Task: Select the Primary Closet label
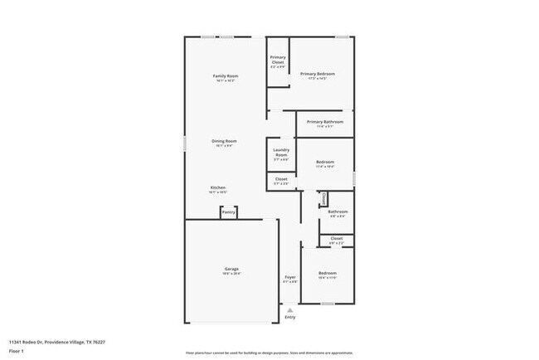click(x=278, y=59)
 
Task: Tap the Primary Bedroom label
click(x=318, y=74)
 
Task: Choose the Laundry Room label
click(x=281, y=153)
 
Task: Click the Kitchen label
click(x=218, y=187)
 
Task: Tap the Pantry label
click(x=229, y=212)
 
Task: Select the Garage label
click(x=231, y=269)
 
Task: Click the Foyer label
click(x=290, y=277)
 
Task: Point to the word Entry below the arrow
click(x=290, y=317)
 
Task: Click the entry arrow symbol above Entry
click(x=290, y=309)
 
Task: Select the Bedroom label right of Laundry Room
click(x=325, y=162)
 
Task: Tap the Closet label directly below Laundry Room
click(x=281, y=178)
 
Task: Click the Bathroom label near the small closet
click(x=337, y=212)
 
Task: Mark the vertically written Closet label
click(x=323, y=199)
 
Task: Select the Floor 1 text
click(x=17, y=350)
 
